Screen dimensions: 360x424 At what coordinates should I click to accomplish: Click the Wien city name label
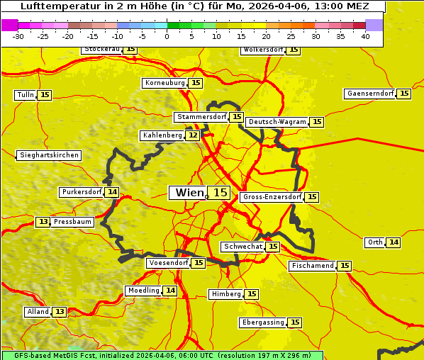coord(189,193)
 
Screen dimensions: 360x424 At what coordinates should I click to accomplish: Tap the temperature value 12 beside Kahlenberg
coord(193,135)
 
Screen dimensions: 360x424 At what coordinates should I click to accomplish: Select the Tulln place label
coord(25,95)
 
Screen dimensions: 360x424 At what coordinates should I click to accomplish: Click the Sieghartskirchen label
coord(49,155)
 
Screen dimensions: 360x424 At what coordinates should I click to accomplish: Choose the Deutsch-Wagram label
coord(277,122)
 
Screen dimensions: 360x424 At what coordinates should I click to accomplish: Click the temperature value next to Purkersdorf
coord(112,192)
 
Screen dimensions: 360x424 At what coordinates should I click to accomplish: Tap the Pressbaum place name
coord(73,222)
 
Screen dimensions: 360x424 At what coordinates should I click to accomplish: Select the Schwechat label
coord(242,247)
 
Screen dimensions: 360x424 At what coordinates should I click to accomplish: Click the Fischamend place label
coord(312,266)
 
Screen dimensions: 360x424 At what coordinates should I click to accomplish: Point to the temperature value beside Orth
coord(394,242)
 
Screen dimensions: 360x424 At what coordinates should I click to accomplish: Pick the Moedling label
coord(143,291)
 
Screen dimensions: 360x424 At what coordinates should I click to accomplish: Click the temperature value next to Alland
coord(60,312)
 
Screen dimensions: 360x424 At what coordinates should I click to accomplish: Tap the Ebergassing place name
coord(262,322)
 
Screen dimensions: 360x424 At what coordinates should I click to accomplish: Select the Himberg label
coord(226,294)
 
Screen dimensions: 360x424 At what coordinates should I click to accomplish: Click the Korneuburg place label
coord(164,83)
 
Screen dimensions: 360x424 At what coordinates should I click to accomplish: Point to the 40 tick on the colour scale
coord(365,36)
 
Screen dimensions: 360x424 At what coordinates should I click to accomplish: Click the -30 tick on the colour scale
coord(18,36)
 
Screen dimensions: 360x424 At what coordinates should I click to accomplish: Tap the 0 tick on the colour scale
coord(167,36)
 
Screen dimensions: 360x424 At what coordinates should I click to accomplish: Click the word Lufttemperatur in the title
coord(59,6)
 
